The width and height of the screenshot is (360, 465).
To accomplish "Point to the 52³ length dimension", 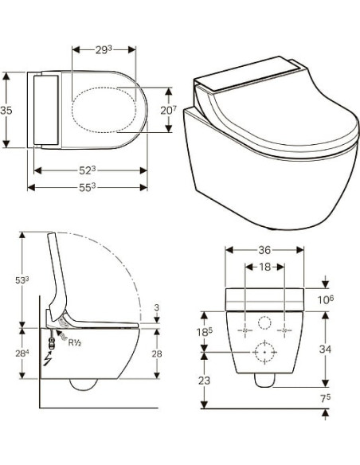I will tap(89, 169).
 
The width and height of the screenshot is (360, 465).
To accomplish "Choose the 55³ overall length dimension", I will tap(89, 186).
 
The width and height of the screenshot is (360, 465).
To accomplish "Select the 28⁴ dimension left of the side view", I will tap(22, 353).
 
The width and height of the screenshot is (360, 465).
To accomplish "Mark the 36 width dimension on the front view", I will tap(264, 250).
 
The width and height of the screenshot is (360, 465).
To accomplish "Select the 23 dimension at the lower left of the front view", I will tap(205, 380).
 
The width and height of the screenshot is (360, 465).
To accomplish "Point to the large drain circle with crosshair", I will tap(264, 350).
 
